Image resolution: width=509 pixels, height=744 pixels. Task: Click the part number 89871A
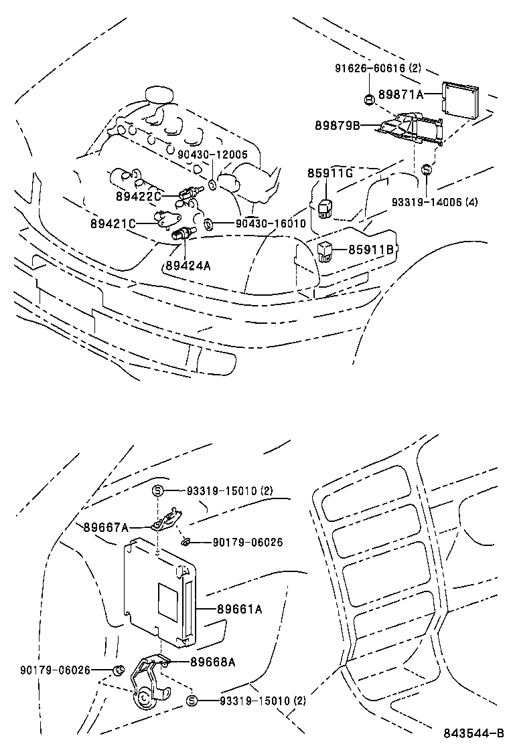[401, 95]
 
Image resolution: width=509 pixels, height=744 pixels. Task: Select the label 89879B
[338, 125]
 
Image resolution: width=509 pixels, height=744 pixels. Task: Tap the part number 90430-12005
[212, 155]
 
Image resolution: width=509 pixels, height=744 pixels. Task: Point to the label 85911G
[330, 173]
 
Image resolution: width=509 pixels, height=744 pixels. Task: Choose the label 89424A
[188, 266]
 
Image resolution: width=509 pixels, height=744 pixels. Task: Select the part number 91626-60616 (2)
[377, 69]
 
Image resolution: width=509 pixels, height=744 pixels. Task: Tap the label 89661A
[239, 609]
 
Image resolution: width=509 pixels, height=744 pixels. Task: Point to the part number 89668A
[213, 662]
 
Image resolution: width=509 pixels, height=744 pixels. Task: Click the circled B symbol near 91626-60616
[368, 100]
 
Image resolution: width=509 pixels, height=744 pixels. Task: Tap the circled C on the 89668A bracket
[143, 696]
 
